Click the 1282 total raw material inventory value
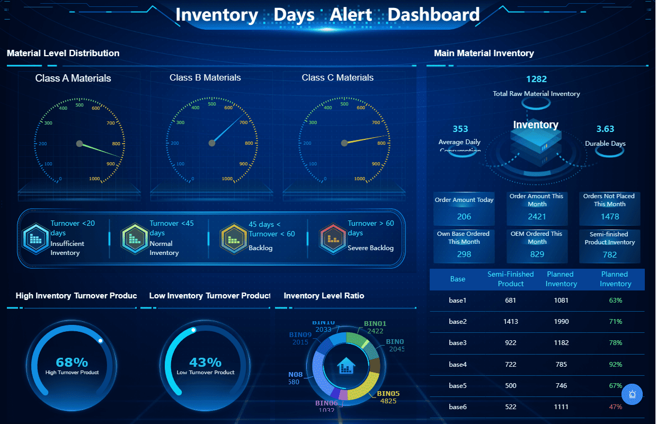click(536, 79)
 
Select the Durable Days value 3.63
click(605, 129)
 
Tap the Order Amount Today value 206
click(464, 216)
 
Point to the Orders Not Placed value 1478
click(610, 216)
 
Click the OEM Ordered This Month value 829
click(537, 254)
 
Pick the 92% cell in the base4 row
click(615, 365)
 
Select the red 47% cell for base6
click(615, 407)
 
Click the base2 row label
click(458, 322)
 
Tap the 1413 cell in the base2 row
click(511, 322)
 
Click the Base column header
click(458, 279)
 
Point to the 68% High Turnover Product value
click(72, 363)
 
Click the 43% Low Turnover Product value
click(206, 363)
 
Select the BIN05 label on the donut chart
click(388, 394)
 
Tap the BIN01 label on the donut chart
click(375, 324)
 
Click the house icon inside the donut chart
click(346, 365)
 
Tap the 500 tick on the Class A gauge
click(79, 105)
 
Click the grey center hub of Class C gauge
click(344, 143)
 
